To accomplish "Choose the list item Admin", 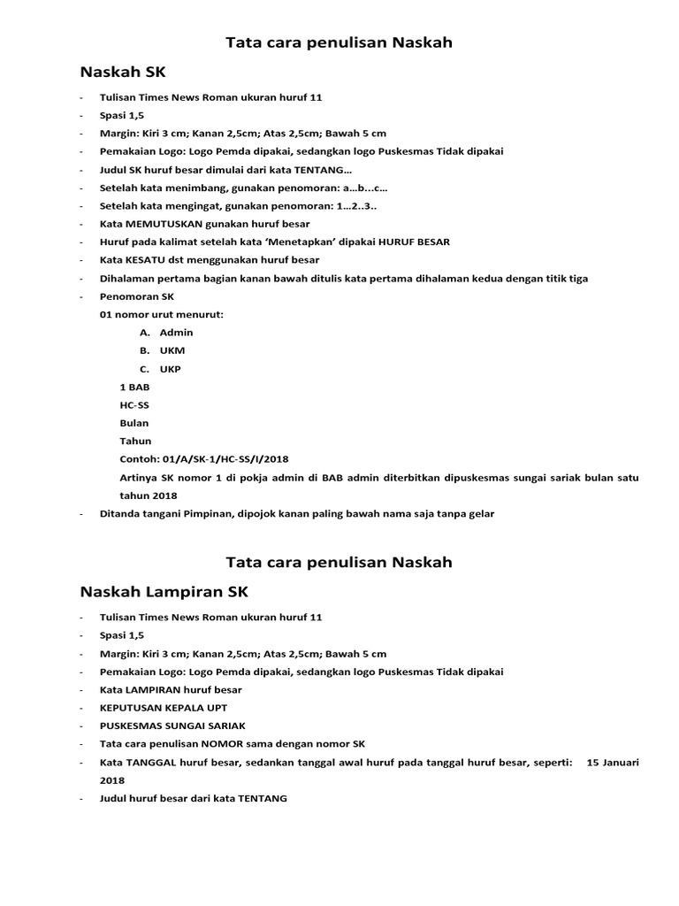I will (176, 333).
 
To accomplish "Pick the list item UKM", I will (172, 351).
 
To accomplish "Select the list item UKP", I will (171, 369).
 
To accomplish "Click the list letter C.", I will (144, 369).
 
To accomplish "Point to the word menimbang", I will (178, 188).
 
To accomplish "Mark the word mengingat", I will (177, 206).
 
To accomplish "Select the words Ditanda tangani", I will (138, 514).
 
